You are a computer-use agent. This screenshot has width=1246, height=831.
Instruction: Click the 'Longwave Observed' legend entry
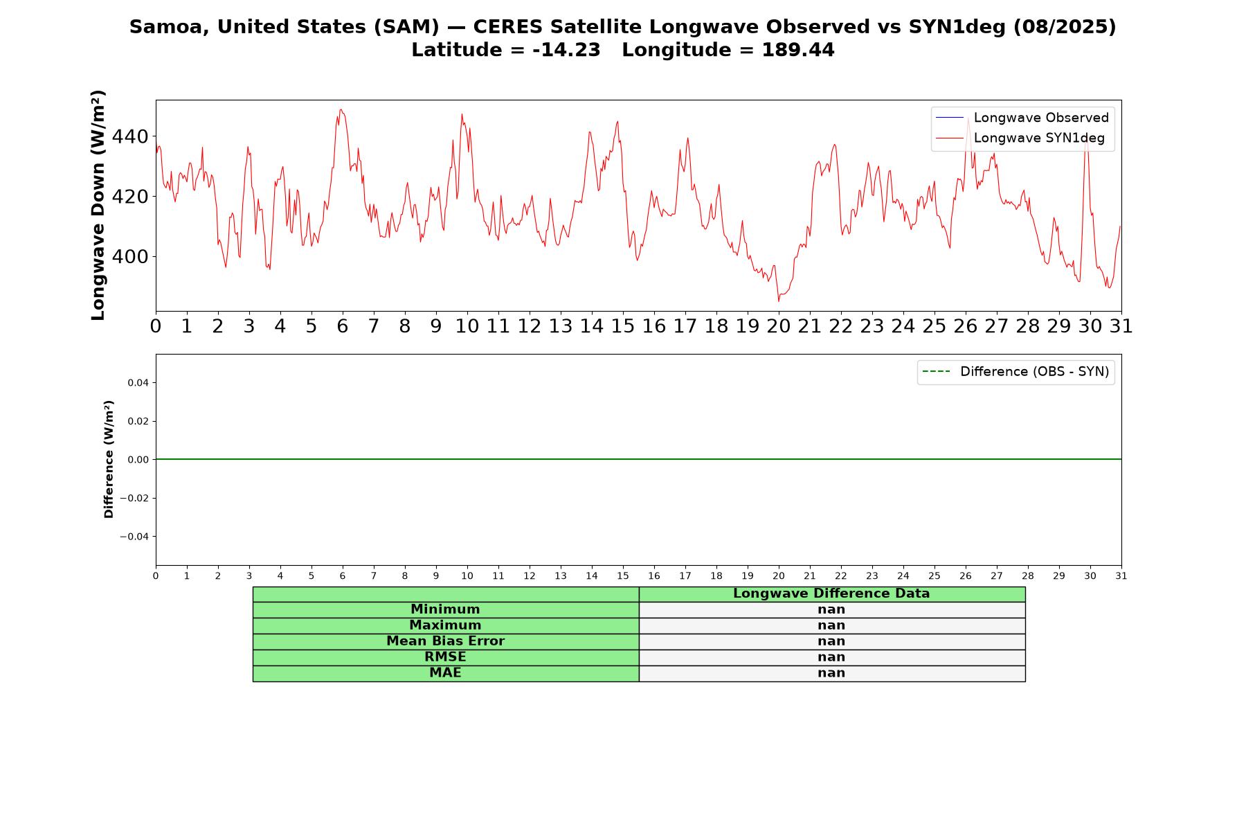tap(1022, 118)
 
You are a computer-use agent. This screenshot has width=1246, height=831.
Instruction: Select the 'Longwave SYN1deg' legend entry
tap(1020, 138)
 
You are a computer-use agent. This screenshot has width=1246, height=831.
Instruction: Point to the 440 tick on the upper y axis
tap(130, 136)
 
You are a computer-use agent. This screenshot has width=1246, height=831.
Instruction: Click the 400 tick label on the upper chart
tap(130, 257)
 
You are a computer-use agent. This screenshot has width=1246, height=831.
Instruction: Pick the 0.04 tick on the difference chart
tap(138, 383)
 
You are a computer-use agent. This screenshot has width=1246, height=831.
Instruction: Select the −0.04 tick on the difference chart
tap(134, 537)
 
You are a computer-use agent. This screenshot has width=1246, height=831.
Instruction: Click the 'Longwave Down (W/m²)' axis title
tap(98, 205)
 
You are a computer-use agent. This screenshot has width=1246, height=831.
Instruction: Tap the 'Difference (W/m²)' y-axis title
tap(109, 459)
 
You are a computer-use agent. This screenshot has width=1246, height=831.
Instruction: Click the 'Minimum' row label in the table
tap(445, 609)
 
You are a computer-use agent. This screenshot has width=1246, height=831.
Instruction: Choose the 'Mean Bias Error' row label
tap(445, 641)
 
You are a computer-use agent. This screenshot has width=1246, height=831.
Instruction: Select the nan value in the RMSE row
tap(831, 657)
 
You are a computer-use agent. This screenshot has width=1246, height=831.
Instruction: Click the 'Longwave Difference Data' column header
tap(831, 593)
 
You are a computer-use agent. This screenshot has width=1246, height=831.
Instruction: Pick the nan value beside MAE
tap(831, 673)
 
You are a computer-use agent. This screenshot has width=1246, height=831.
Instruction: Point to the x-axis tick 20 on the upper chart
tap(779, 326)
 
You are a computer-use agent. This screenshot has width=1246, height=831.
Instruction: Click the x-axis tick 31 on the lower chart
tap(1121, 576)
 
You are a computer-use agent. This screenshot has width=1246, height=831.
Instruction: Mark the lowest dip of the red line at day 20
tap(779, 301)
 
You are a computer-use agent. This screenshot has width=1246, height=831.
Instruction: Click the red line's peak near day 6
tap(341, 109)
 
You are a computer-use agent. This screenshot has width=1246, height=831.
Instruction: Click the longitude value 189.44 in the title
tap(798, 50)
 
